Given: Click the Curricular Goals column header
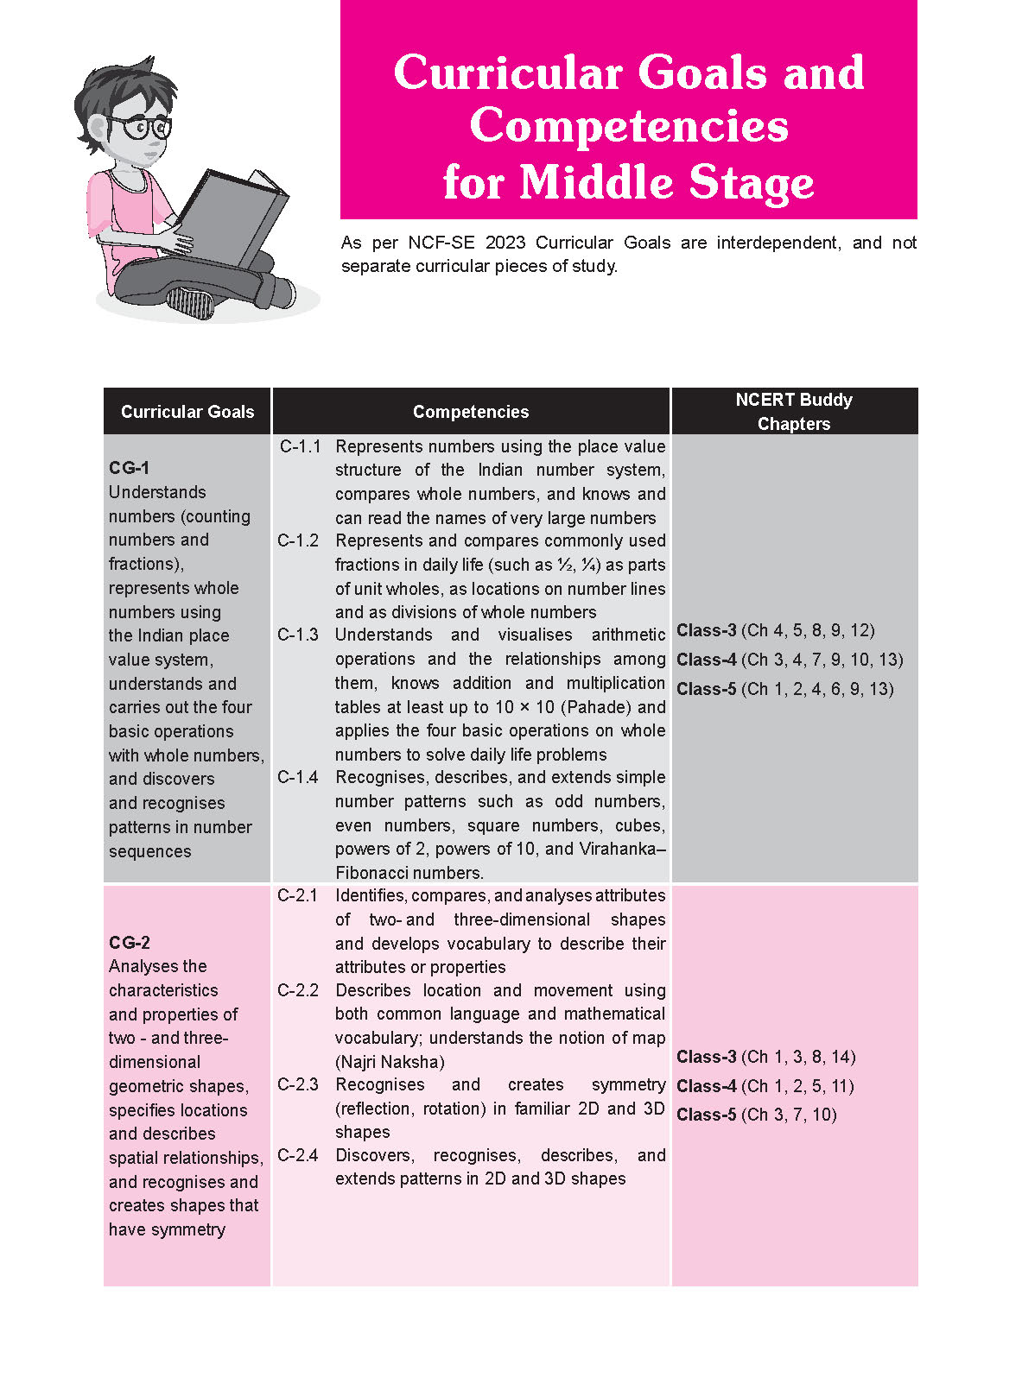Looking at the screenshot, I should (x=187, y=412).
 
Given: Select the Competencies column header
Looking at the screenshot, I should (x=471, y=412).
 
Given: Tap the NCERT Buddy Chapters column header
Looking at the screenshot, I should (x=794, y=412).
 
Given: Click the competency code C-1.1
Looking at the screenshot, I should (x=300, y=446).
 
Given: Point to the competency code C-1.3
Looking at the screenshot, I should (x=298, y=635).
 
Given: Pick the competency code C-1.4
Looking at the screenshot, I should (x=298, y=777).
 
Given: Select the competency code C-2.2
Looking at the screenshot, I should (x=298, y=990).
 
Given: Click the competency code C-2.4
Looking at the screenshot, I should (x=298, y=1155).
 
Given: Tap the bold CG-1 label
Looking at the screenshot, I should (x=130, y=468).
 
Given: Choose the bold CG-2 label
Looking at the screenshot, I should (x=130, y=943).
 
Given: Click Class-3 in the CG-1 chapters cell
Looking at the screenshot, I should (x=707, y=630).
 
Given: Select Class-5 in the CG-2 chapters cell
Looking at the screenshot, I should (x=707, y=1115).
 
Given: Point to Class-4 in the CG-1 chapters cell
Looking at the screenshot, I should (x=707, y=660).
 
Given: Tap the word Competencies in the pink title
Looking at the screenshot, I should (x=629, y=126).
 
